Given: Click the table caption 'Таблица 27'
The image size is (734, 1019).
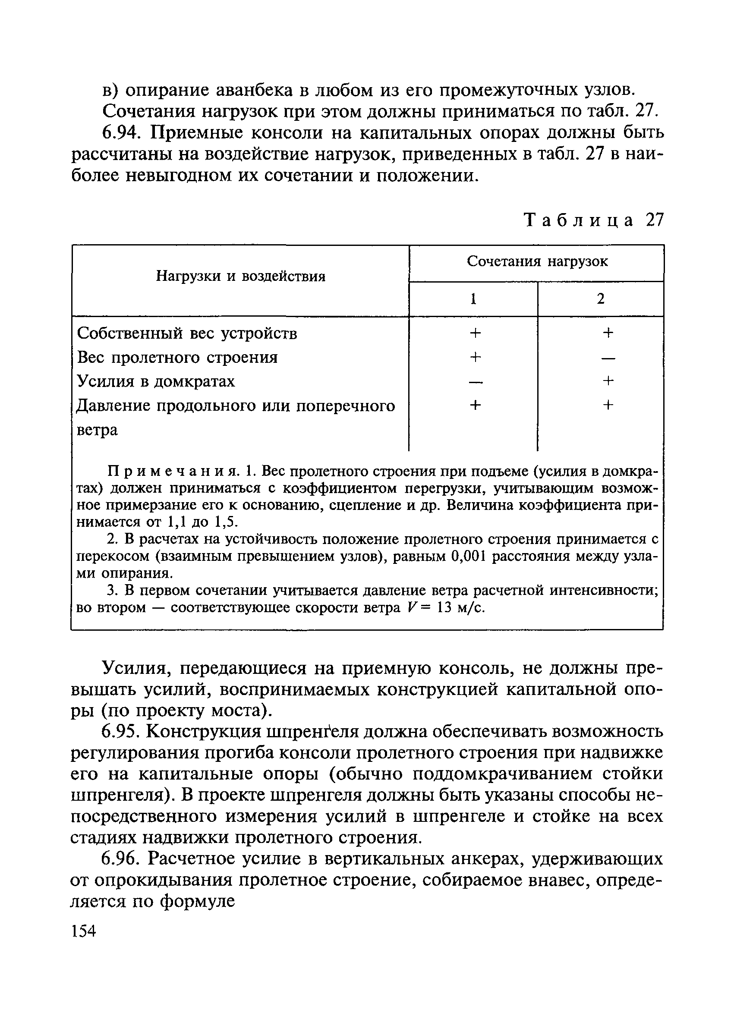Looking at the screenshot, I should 594,220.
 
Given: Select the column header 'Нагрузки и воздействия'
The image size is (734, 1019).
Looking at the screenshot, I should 240,276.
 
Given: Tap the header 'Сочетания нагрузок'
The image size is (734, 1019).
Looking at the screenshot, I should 537,261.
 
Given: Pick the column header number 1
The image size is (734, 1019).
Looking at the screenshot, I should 473,299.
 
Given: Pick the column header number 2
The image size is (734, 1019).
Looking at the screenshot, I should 601,299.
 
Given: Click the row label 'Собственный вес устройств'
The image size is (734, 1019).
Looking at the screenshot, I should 187,333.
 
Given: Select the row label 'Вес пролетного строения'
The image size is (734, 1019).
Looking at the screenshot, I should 177,358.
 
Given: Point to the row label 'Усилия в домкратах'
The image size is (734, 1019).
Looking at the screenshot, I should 156,381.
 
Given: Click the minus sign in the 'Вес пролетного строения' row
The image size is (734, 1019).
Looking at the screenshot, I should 608,359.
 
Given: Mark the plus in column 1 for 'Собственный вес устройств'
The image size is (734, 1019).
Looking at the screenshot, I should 475,333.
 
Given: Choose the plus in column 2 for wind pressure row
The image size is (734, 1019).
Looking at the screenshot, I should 608,405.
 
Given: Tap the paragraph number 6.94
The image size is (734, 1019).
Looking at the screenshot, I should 122,133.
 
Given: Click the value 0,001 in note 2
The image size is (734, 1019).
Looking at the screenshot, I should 468,557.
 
